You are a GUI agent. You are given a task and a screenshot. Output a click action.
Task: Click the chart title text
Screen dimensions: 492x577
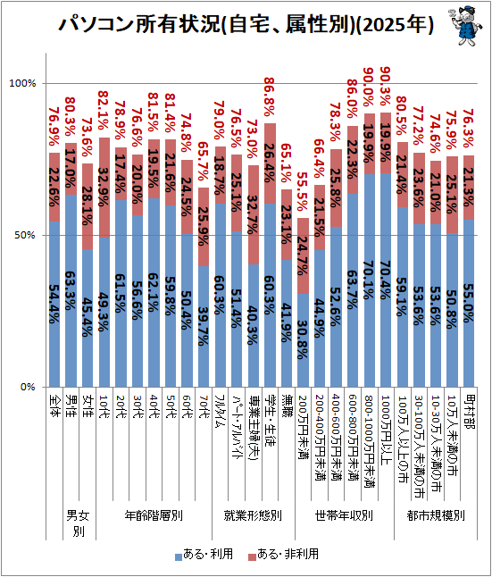pyautogui.click(x=246, y=25)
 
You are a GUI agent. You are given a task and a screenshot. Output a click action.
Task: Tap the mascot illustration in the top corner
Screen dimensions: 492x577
pyautogui.click(x=465, y=25)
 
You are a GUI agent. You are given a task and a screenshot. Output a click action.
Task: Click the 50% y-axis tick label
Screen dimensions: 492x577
pyautogui.click(x=25, y=236)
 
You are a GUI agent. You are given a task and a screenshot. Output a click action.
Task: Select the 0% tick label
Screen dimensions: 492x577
pyautogui.click(x=27, y=387)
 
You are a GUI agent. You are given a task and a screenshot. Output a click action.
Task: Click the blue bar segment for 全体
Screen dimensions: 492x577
pyautogui.click(x=54, y=304)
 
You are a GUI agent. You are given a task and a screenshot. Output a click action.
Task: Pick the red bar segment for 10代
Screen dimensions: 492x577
pyautogui.click(x=104, y=188)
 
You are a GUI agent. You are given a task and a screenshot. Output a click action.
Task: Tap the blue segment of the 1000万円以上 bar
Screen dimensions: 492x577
pyautogui.click(x=385, y=280)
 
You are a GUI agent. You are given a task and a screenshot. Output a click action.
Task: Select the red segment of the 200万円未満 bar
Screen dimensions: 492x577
pyautogui.click(x=303, y=256)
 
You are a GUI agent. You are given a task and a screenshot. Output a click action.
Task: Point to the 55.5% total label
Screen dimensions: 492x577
pyautogui.click(x=303, y=192)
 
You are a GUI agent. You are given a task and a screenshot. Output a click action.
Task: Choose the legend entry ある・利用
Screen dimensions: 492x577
pyautogui.click(x=204, y=554)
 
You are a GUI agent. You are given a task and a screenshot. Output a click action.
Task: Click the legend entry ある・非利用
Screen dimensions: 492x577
pyautogui.click(x=283, y=554)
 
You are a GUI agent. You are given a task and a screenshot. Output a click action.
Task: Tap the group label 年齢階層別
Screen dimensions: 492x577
pyautogui.click(x=154, y=515)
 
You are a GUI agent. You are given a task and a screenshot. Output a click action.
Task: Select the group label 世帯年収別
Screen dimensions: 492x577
pyautogui.click(x=344, y=515)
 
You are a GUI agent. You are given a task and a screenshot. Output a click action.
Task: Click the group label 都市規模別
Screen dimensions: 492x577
pyautogui.click(x=436, y=515)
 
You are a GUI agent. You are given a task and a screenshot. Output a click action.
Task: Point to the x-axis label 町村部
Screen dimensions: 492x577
pyautogui.click(x=470, y=412)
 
